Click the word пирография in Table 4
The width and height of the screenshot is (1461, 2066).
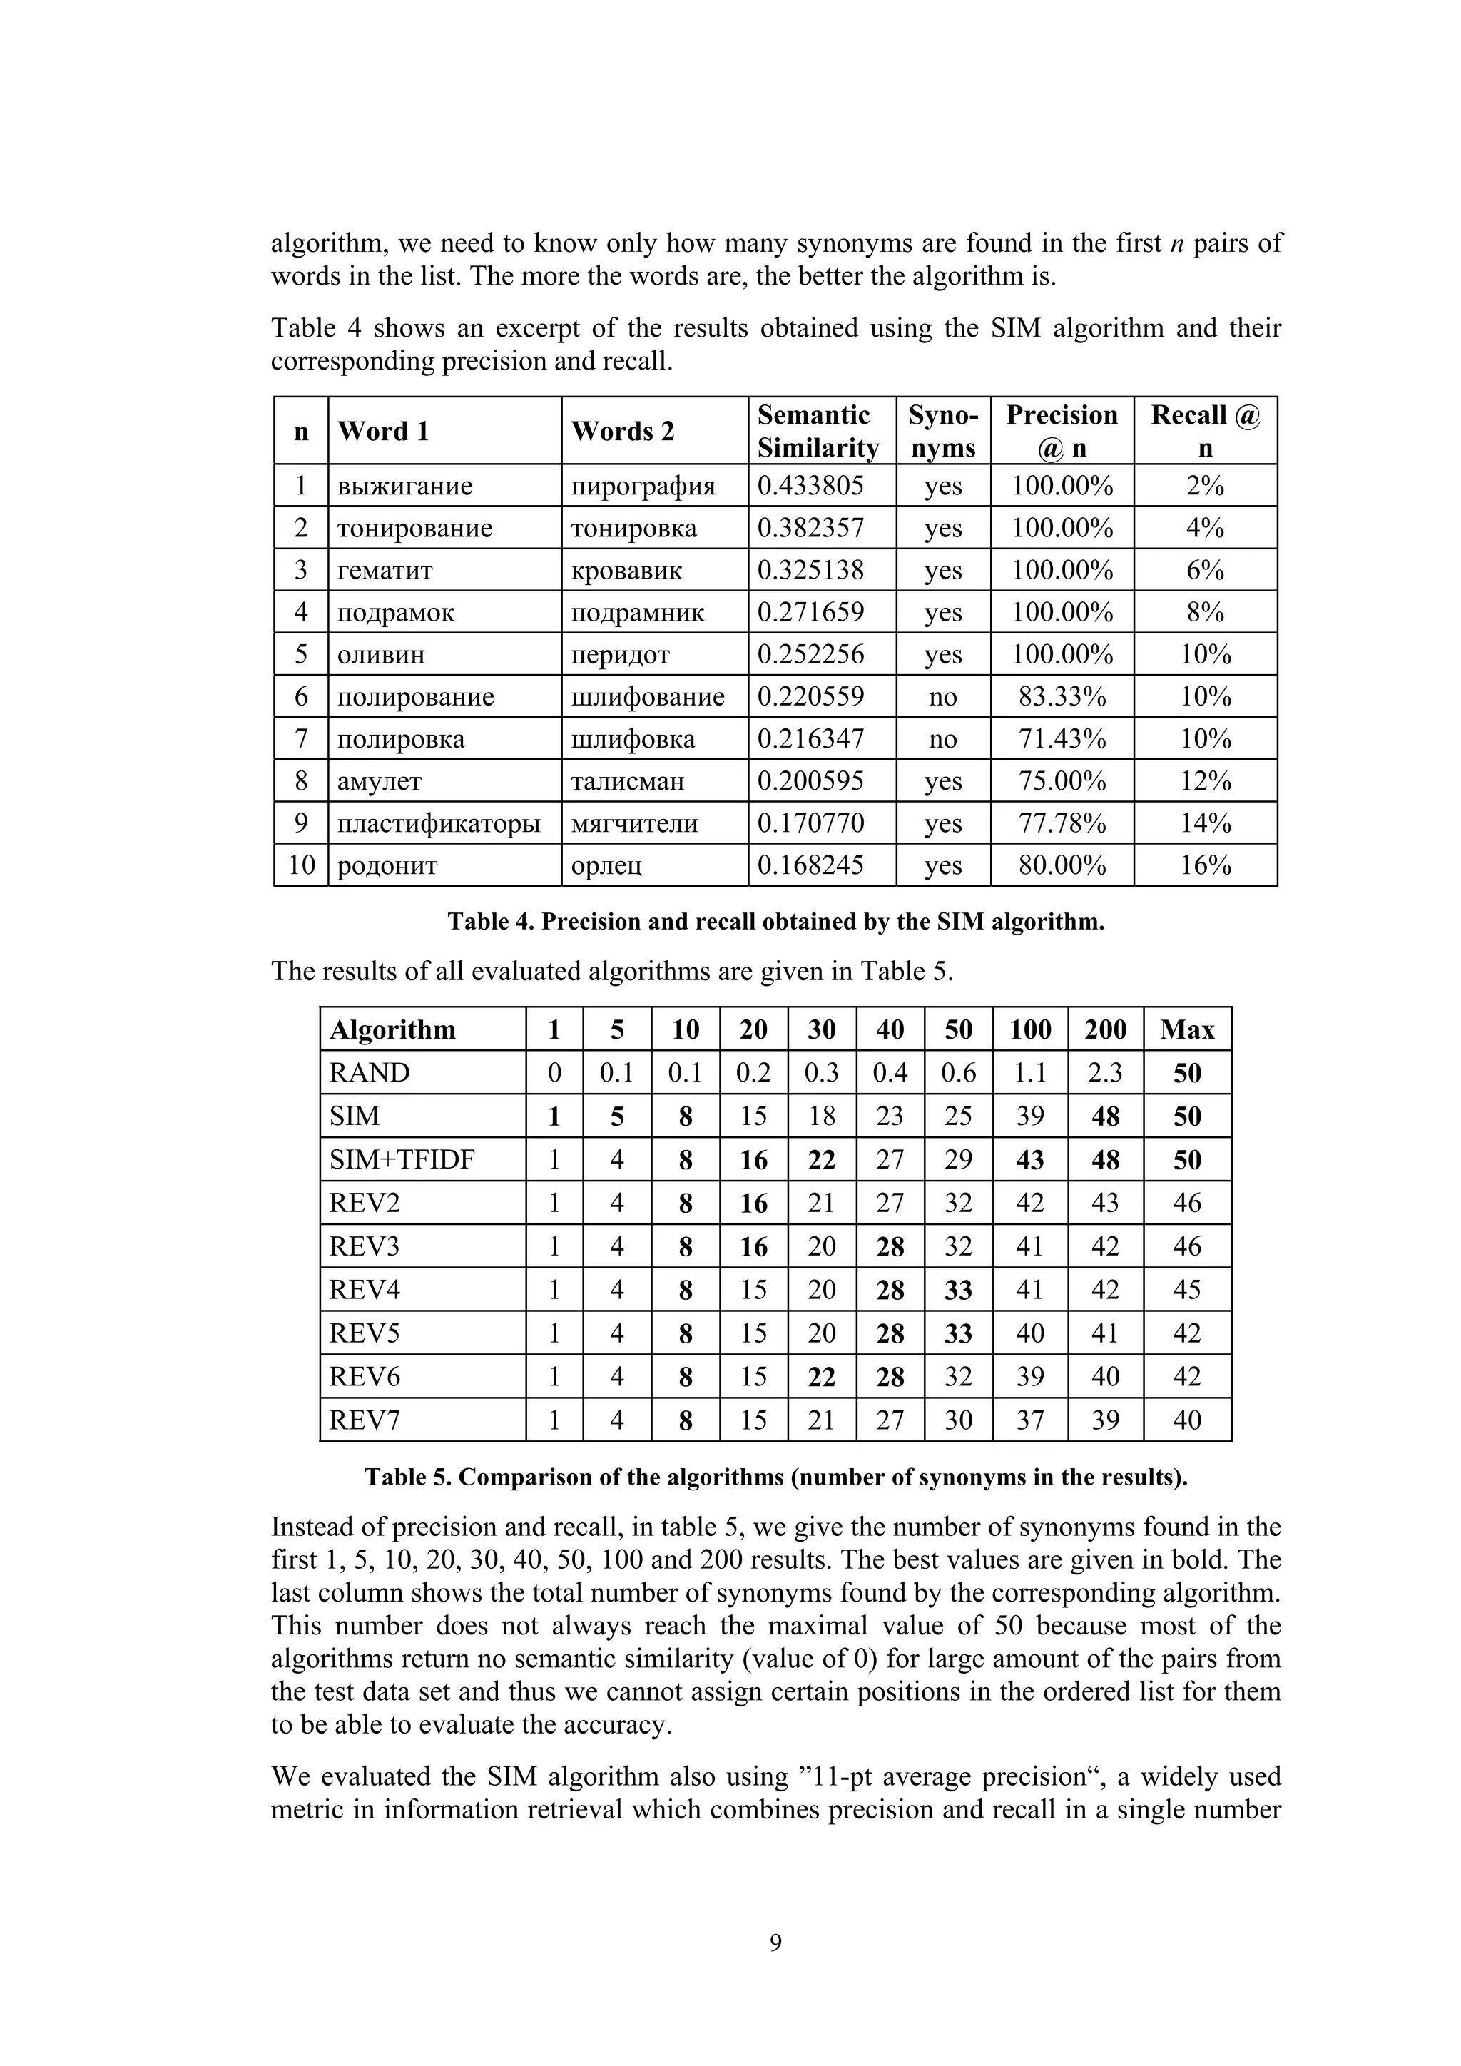[643, 486]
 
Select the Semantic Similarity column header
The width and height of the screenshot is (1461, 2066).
[818, 431]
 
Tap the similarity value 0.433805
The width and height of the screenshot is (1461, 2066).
[810, 486]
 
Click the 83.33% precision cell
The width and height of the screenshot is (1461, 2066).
[1062, 696]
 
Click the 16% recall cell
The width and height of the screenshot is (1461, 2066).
[1205, 865]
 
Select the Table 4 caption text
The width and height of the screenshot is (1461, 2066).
[775, 922]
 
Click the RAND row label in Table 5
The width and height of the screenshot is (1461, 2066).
[370, 1072]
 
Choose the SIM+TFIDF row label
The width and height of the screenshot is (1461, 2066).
[401, 1159]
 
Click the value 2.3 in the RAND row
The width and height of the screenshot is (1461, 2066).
[1105, 1072]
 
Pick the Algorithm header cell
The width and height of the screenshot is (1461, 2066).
[393, 1029]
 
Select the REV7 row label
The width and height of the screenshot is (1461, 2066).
[365, 1420]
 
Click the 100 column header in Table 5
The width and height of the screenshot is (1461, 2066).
[1030, 1029]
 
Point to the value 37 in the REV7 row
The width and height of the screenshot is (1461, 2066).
[1030, 1420]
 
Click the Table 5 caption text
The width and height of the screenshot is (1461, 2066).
[775, 1477]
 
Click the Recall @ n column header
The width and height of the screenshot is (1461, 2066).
[1205, 431]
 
